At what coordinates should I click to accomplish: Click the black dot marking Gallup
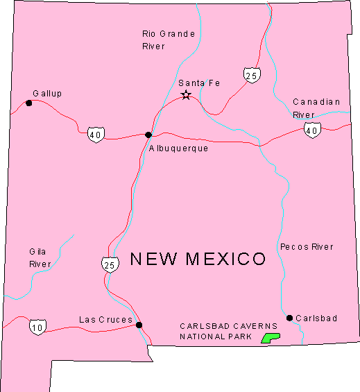pos(28,103)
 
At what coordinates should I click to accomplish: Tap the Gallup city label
pos(47,93)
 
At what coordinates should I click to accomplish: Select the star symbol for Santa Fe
pos(186,95)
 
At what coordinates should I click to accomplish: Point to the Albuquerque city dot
pos(148,135)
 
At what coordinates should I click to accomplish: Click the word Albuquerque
pos(178,148)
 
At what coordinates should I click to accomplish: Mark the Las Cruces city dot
pos(139,325)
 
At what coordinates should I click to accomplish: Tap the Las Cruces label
pos(105,319)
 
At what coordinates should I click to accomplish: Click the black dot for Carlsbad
pos(289,318)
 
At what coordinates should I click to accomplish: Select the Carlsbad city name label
pos(316,318)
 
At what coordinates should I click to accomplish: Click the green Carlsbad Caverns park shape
pos(269,338)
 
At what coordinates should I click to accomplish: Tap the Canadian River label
pos(316,108)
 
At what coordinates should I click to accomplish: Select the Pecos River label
pos(307,246)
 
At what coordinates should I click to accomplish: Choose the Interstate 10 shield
pos(38,326)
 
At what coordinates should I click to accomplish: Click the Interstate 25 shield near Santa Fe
pos(252,74)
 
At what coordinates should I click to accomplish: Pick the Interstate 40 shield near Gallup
pos(96,134)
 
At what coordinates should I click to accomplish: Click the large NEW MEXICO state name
pos(198,259)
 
